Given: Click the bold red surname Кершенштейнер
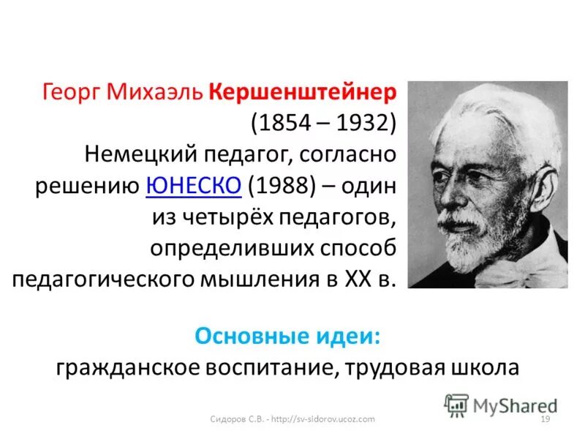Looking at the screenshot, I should [x=303, y=93].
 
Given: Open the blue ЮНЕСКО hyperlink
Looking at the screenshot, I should [x=194, y=187].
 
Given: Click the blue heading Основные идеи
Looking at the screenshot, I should [x=288, y=337].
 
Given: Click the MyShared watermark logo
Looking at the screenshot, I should [x=501, y=405].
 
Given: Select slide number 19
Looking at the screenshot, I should [x=543, y=419].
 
